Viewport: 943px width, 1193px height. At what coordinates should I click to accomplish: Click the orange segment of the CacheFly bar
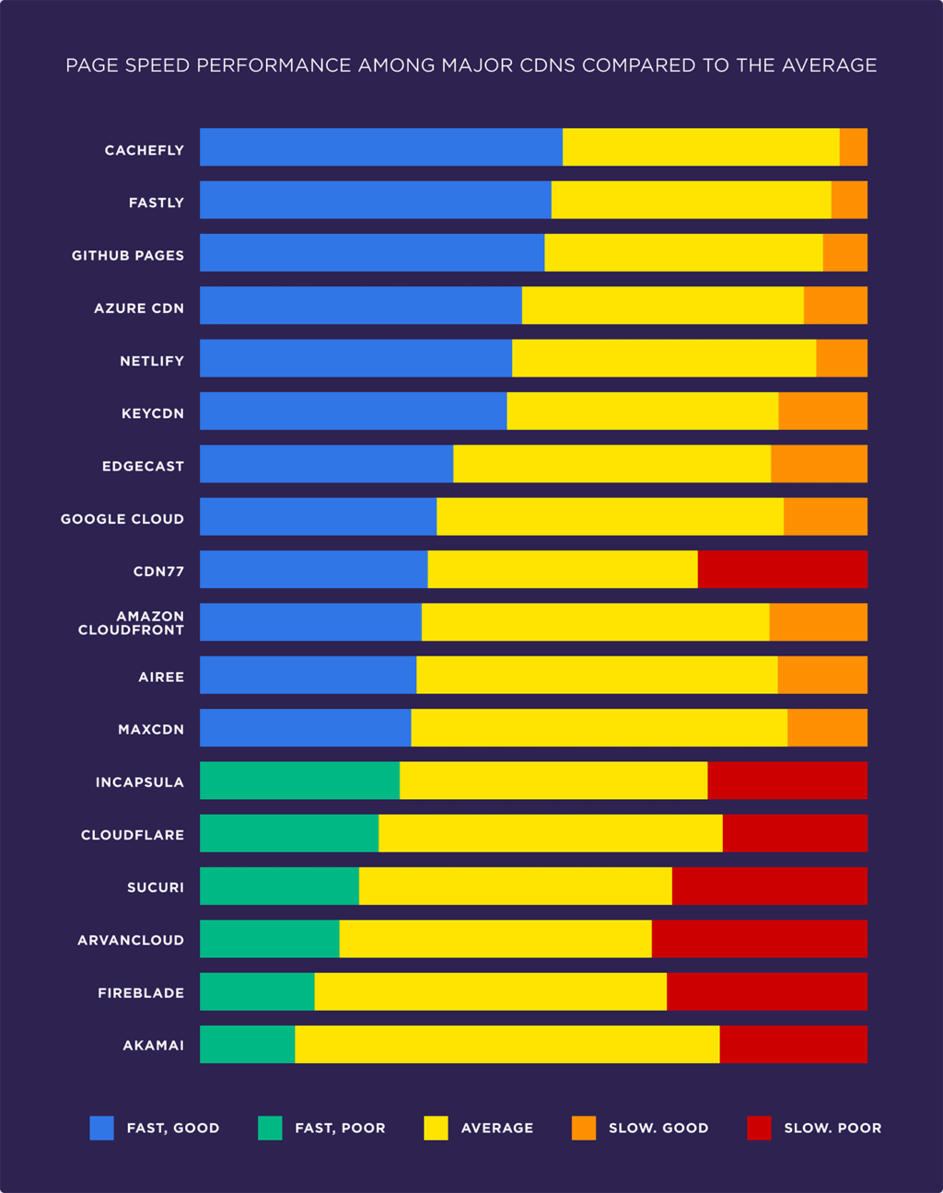click(x=854, y=147)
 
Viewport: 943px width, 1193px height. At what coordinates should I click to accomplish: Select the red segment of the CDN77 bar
click(x=783, y=569)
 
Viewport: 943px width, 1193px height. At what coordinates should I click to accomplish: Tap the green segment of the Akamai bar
click(x=247, y=1044)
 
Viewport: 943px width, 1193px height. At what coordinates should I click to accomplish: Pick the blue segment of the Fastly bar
click(x=376, y=200)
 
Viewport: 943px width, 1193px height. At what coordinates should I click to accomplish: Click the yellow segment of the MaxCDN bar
click(x=599, y=727)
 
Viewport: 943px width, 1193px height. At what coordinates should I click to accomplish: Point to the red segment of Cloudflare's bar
click(x=795, y=833)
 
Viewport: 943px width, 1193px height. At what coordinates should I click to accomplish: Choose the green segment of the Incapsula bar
click(x=299, y=781)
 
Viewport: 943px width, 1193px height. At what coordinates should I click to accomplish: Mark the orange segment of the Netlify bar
click(x=842, y=358)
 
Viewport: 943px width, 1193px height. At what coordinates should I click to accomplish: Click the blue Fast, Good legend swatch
click(x=101, y=1128)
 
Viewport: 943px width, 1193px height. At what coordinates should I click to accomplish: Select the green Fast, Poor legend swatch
click(x=270, y=1128)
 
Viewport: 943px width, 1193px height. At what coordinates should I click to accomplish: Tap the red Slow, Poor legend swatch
click(x=759, y=1128)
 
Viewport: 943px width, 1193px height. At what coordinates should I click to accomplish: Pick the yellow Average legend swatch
click(x=436, y=1128)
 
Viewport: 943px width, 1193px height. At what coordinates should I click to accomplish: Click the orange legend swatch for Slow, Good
click(x=584, y=1128)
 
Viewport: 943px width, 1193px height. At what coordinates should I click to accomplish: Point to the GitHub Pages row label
click(x=128, y=255)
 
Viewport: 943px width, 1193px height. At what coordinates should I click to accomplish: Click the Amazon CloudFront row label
click(x=131, y=623)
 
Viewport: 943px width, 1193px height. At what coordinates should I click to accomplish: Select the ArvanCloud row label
click(x=131, y=940)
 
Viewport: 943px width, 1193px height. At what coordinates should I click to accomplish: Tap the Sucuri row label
click(x=156, y=887)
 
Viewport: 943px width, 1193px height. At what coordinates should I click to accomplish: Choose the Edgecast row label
click(x=143, y=466)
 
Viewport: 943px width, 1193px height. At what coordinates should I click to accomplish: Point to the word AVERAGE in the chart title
click(x=829, y=65)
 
